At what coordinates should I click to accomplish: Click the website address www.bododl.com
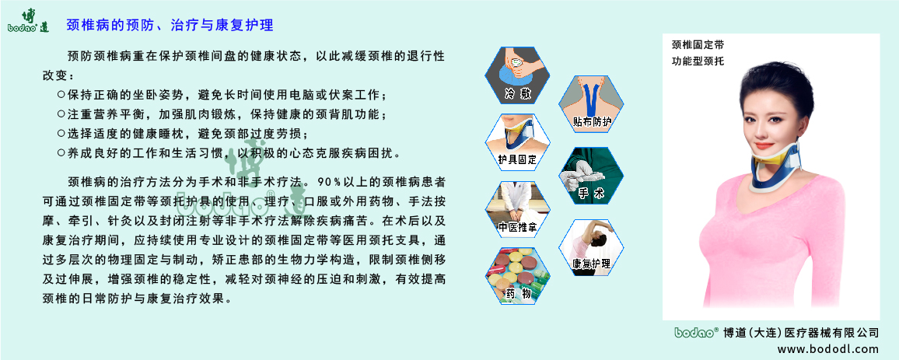(x=828, y=349)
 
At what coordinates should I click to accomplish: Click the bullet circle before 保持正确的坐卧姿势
(x=61, y=95)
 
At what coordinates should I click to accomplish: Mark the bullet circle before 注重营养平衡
(x=61, y=114)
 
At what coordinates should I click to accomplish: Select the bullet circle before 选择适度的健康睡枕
(x=61, y=133)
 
